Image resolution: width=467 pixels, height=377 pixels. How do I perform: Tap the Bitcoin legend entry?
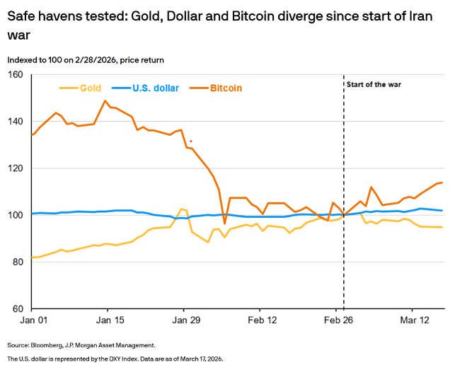point(226,88)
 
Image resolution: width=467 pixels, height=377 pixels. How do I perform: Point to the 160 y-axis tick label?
point(16,75)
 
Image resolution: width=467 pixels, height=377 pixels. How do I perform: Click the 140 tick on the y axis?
point(16,122)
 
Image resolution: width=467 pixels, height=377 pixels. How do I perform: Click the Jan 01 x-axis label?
point(33,321)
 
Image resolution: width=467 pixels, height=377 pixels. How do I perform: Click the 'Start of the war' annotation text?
point(374,85)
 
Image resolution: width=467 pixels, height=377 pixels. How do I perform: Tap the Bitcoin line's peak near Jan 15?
point(105,100)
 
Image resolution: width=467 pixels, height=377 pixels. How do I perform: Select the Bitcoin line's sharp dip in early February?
point(225,224)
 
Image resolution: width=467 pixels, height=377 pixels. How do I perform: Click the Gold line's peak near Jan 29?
point(183,209)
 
